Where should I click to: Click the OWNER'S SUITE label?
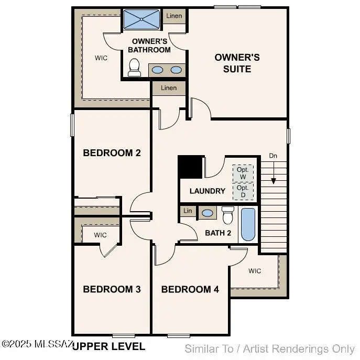237,63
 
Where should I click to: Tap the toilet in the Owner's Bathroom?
134,68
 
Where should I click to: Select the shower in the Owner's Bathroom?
142,19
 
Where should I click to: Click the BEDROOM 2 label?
112,153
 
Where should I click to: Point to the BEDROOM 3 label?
112,289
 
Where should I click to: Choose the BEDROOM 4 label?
190,289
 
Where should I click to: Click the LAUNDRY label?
208,191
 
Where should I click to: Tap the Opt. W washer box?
243,173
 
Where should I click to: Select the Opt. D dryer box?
243,191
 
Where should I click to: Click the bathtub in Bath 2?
248,224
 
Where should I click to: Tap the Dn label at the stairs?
273,156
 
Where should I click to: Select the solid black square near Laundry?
190,167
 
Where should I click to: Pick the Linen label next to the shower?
174,16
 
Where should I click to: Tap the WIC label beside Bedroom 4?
255,271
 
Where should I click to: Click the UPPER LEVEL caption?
108,346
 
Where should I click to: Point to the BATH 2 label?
218,233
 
